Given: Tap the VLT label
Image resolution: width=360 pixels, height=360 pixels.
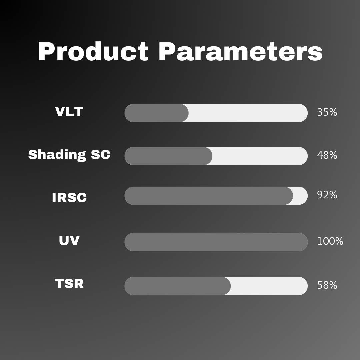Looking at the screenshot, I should click(69, 111).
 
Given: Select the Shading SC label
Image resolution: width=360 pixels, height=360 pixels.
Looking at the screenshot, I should click(69, 155).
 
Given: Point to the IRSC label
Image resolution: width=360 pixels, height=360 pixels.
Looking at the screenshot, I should click(69, 197).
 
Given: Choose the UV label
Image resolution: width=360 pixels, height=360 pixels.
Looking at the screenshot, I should click(69, 240).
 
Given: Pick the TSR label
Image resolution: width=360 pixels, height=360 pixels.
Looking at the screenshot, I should click(69, 284).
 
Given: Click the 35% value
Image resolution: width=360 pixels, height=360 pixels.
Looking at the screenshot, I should click(327, 112).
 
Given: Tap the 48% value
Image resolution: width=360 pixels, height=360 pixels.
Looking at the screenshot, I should click(327, 155).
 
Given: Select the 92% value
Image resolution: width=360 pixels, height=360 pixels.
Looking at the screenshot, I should click(327, 195).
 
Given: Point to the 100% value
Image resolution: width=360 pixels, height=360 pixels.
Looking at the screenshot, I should click(330, 241).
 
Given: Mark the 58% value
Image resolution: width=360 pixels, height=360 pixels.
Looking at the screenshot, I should click(327, 286).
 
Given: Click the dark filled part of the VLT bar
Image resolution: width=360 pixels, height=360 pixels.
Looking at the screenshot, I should click(156, 113).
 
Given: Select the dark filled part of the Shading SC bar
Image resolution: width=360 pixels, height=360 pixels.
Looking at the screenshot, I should click(168, 156).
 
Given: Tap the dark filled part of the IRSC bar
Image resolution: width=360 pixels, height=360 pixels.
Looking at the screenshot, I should click(208, 196).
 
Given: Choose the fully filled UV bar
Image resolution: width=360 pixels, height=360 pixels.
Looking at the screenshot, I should click(216, 242).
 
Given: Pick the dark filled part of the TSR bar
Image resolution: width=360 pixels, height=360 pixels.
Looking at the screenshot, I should click(177, 286).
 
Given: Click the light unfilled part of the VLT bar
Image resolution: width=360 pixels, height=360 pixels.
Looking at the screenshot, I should click(248, 113).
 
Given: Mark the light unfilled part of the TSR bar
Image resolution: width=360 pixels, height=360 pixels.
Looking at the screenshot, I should click(269, 286).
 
